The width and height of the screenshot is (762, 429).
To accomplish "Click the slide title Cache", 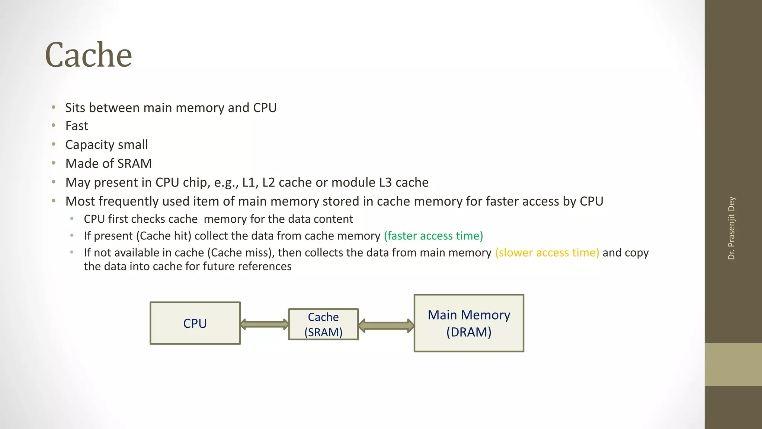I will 89,55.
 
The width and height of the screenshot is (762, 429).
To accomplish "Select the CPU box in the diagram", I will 195,323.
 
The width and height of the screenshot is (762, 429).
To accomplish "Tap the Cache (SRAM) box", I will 323,324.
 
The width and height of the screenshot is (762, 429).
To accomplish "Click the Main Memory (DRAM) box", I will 469,323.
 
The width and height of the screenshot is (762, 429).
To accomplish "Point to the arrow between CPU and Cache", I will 264,324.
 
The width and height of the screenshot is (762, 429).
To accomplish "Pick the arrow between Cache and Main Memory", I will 386,325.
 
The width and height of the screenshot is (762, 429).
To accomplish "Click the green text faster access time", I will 433,236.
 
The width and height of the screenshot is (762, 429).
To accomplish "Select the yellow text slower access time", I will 547,252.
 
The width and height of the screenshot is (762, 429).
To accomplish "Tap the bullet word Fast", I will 77,126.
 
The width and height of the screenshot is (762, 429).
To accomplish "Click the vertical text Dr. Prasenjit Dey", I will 731,228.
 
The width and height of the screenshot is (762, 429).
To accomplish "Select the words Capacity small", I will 106,144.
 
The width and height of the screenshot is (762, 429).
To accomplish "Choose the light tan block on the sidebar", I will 733,364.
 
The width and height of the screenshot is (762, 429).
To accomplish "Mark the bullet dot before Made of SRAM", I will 54,163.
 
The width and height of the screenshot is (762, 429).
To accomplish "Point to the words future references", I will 265,266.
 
